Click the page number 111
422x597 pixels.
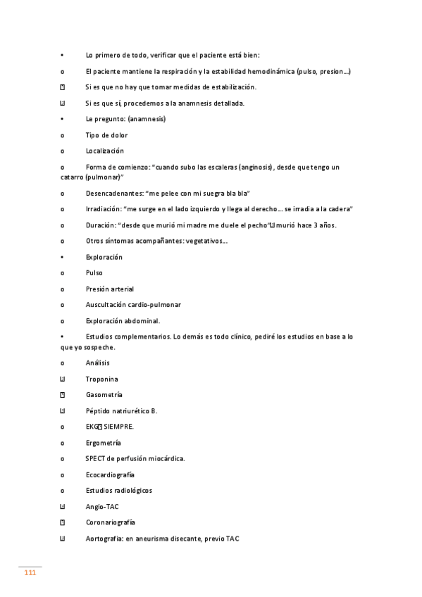[x=30, y=573]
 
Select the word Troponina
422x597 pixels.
[x=101, y=379]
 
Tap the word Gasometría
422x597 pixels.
[x=104, y=395]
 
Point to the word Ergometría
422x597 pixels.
[x=103, y=443]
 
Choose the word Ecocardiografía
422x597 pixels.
[x=110, y=475]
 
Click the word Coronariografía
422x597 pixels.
[x=111, y=522]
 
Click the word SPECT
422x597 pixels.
[x=95, y=458]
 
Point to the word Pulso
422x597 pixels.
[x=94, y=272]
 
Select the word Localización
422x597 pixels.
[x=104, y=151]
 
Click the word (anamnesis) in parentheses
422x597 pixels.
[x=147, y=119]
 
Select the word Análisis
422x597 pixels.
[x=97, y=363]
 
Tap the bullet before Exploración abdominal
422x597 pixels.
[x=63, y=321]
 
